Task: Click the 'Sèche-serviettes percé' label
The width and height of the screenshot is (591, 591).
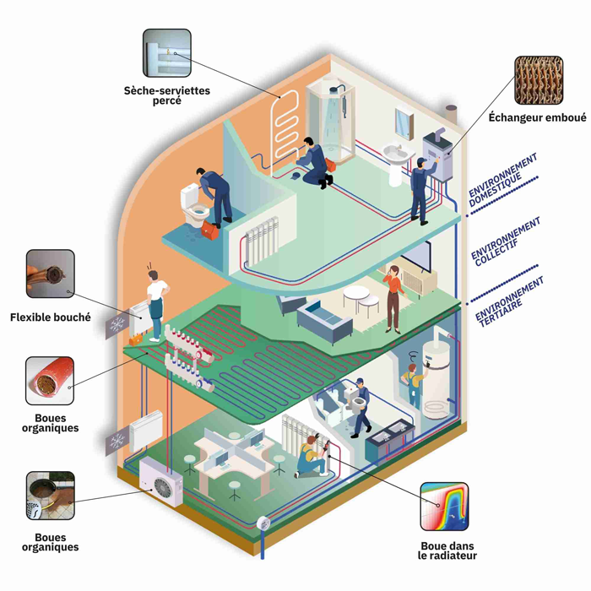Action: (x=167, y=94)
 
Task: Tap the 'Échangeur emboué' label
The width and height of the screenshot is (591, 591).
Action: (x=537, y=117)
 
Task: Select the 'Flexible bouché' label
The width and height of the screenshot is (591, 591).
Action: (x=50, y=317)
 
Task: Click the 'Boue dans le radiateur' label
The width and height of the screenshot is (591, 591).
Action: (x=447, y=550)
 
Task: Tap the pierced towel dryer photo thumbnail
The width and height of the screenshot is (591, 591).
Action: (x=167, y=53)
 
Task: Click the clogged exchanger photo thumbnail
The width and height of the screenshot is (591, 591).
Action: (x=538, y=80)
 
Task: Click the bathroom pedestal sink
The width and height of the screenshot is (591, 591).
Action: (x=394, y=160)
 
